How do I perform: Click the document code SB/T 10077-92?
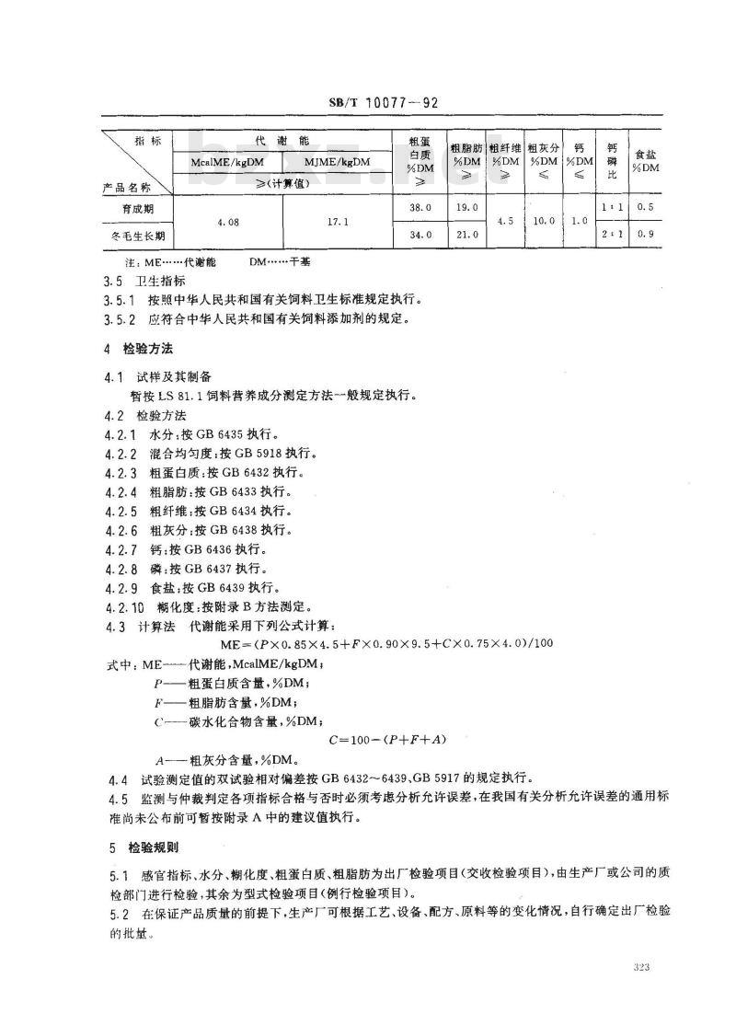pos(368,104)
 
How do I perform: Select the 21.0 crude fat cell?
pos(467,235)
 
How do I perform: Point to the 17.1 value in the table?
pos(339,222)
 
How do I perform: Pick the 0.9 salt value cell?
pos(644,235)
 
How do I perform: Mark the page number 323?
pos(642,967)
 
